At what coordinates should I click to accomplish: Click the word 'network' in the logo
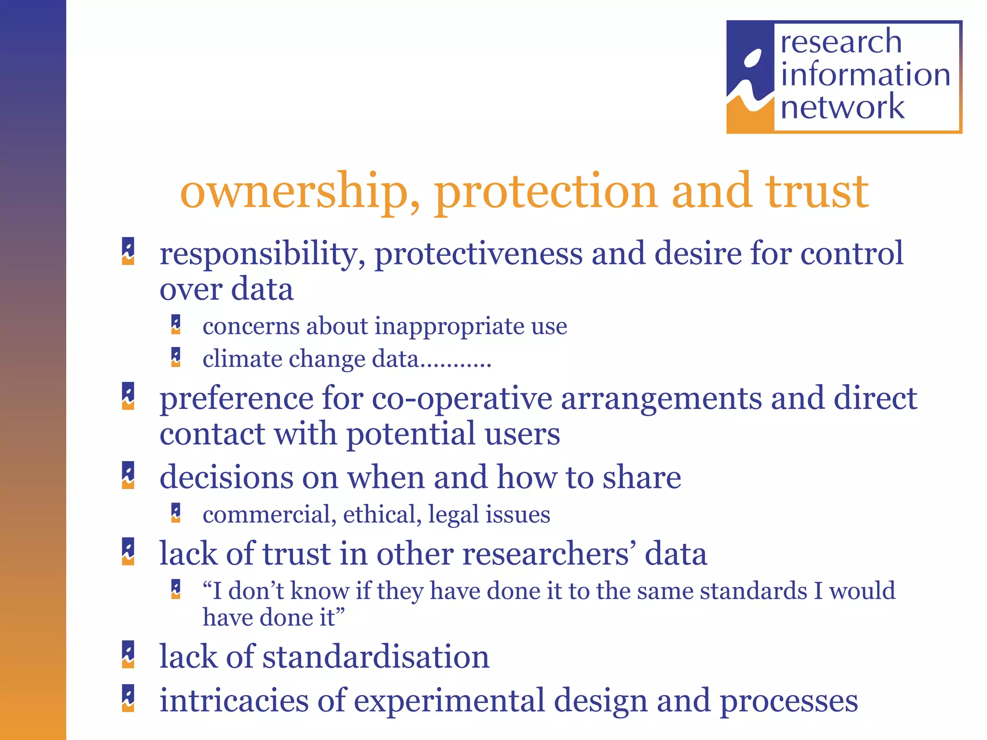coord(842,107)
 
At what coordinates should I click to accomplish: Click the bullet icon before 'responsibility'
coord(128,251)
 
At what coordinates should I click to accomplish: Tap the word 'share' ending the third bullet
coord(641,477)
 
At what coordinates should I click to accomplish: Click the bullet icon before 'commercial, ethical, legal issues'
coord(176,513)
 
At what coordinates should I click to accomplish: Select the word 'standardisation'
coord(375,657)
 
